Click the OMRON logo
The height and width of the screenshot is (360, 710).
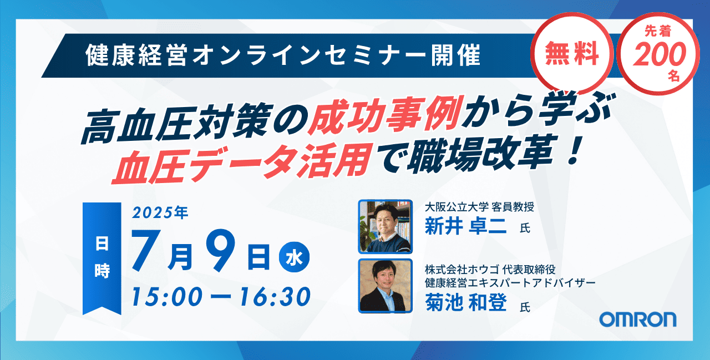(x=638, y=319)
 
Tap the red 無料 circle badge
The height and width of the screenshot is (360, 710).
(x=572, y=53)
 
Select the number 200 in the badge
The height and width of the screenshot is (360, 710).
(x=660, y=54)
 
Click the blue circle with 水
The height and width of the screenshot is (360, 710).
(x=294, y=257)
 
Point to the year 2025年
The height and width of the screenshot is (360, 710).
(x=160, y=212)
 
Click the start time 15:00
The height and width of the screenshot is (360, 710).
(x=167, y=297)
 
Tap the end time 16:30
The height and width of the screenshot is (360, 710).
(x=275, y=297)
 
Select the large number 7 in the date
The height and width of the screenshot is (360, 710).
(x=146, y=250)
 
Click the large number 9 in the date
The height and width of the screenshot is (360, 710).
(x=221, y=250)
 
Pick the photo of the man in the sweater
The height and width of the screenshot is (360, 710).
(x=385, y=226)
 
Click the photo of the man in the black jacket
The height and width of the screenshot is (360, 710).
(x=385, y=286)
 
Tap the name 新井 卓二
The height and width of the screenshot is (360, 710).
(x=465, y=226)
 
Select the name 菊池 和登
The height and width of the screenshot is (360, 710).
(x=465, y=303)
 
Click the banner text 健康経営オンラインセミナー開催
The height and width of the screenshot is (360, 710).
(x=283, y=55)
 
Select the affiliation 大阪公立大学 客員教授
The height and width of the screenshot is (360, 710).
(x=479, y=207)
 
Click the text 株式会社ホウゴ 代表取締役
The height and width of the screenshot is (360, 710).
(x=490, y=270)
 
